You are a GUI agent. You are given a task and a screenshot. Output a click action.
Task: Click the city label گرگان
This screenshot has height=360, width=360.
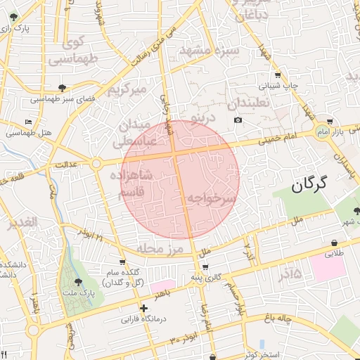pyautogui.click(x=309, y=186)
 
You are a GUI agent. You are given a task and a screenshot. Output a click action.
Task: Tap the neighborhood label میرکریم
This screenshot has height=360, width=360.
pyautogui.click(x=127, y=90)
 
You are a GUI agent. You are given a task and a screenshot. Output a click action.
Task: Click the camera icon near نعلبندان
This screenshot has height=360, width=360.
pyautogui.click(x=238, y=120)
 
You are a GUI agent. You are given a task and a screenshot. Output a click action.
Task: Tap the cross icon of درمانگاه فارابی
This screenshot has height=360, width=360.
pyautogui.click(x=143, y=308)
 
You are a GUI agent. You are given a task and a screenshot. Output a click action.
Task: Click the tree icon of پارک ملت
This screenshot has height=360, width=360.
pyautogui.click(x=78, y=281)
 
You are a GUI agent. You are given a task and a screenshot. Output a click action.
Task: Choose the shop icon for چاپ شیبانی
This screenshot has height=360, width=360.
pyautogui.click(x=278, y=75)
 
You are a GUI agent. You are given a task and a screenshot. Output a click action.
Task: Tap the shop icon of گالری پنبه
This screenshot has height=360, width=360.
pyautogui.click(x=205, y=267)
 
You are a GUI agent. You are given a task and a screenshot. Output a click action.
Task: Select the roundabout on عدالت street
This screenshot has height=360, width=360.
pyautogui.click(x=96, y=164)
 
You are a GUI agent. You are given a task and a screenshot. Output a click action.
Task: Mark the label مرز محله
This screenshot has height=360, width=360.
pyautogui.click(x=160, y=250)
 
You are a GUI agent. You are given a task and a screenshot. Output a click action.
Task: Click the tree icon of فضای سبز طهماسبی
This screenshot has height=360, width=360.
pyautogui.click(x=63, y=88)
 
